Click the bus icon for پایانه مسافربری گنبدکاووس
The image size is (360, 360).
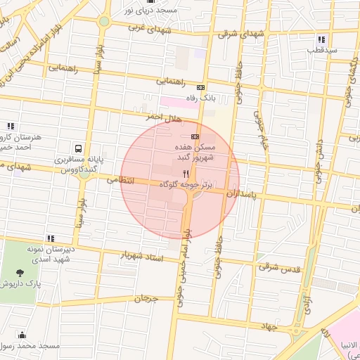point(77,149)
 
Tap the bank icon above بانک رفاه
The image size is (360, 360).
point(201,87)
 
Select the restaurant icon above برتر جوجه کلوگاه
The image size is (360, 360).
point(186,173)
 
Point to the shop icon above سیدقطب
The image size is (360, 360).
point(321,39)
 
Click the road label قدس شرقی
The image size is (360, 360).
point(278,267)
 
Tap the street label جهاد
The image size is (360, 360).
point(268,327)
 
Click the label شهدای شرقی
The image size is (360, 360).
point(243,34)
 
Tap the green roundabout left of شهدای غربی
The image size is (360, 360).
point(104,21)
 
